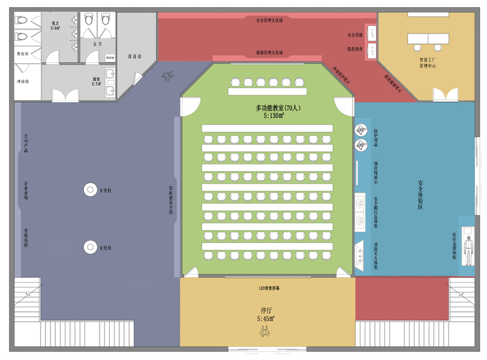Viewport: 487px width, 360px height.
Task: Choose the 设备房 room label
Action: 134,56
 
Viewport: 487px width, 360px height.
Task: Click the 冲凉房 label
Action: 23,81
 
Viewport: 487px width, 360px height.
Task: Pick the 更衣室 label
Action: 23,54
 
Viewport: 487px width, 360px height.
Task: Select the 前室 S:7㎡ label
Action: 96,81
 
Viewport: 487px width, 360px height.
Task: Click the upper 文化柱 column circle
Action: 91,190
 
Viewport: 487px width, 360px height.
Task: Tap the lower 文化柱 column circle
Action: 91,247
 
